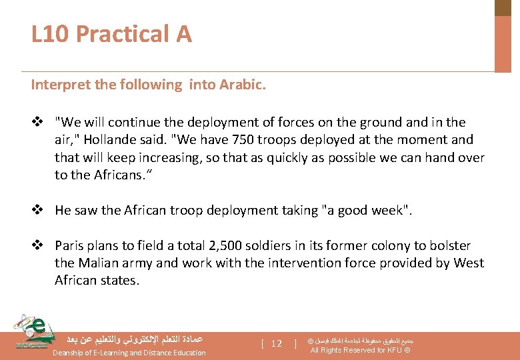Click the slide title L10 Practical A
[x=111, y=33]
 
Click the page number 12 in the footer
[x=276, y=344]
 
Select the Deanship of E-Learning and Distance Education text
[x=129, y=353]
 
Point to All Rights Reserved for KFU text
[x=360, y=350]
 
